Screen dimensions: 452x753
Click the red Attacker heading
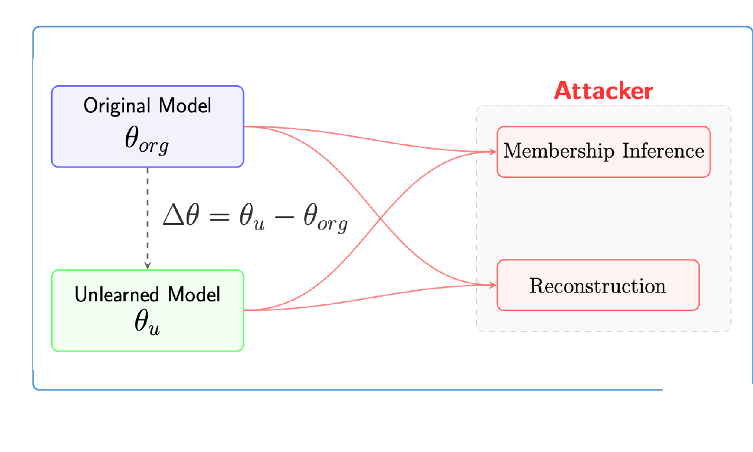[x=603, y=91]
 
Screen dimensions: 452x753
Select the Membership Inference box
[x=604, y=151]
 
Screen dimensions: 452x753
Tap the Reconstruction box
[x=598, y=285]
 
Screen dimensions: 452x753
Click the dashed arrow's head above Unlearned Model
[x=148, y=265]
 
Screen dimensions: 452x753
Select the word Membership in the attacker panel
[x=560, y=151]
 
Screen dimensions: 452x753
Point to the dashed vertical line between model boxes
[x=148, y=214]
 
